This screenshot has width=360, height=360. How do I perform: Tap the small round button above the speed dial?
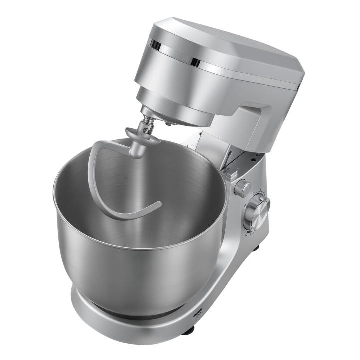coord(243,187)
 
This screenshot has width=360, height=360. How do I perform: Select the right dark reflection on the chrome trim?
coord(195,62)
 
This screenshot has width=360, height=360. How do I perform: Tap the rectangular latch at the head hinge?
coord(230,175)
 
